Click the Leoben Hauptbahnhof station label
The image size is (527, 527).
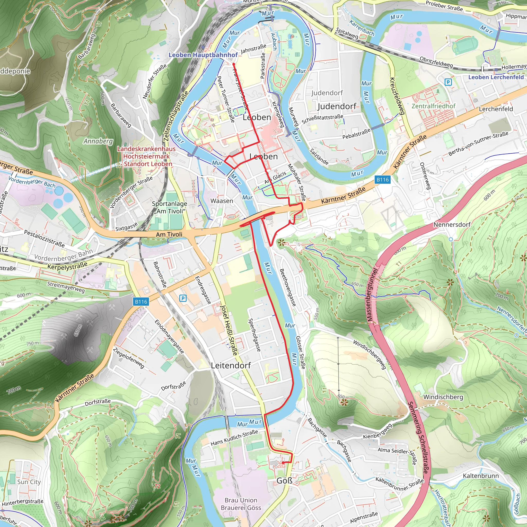(x=203, y=55)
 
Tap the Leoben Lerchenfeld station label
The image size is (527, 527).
(x=496, y=77)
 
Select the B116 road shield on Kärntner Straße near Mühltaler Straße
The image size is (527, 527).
(x=382, y=180)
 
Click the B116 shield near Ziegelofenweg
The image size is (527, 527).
(x=141, y=302)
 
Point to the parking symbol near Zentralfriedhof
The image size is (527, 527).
(x=448, y=82)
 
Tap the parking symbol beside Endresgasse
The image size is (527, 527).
(x=183, y=298)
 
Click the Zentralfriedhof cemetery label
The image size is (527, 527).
(x=433, y=106)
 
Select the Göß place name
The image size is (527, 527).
(x=284, y=481)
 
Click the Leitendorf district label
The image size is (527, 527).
(x=231, y=365)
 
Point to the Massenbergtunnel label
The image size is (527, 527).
(x=372, y=295)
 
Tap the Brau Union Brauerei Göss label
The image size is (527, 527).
(x=241, y=504)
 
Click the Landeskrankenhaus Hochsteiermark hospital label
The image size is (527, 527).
(x=147, y=156)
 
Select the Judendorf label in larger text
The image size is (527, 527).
(x=337, y=106)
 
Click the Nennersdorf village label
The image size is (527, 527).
(x=452, y=224)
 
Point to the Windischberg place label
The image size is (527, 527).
(x=443, y=397)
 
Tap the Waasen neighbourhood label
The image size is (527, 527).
(x=222, y=201)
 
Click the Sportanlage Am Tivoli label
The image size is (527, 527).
(x=169, y=207)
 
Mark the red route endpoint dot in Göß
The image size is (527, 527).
(x=283, y=463)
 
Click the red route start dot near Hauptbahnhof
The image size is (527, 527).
(x=234, y=64)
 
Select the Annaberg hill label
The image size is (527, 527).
(x=98, y=141)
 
